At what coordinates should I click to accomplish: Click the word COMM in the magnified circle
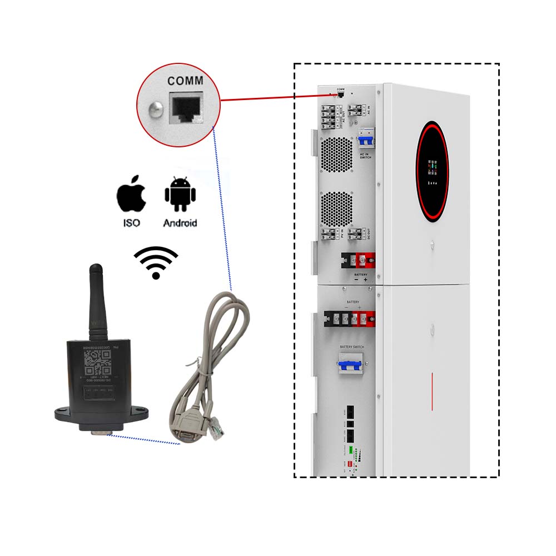pos(185,81)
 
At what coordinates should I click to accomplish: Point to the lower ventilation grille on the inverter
pos(337,209)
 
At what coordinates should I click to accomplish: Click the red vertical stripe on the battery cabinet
pos(433,392)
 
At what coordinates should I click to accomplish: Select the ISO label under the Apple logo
pos(132,223)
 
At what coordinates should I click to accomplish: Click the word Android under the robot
pos(180,223)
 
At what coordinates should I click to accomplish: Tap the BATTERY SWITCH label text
pos(351,347)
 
